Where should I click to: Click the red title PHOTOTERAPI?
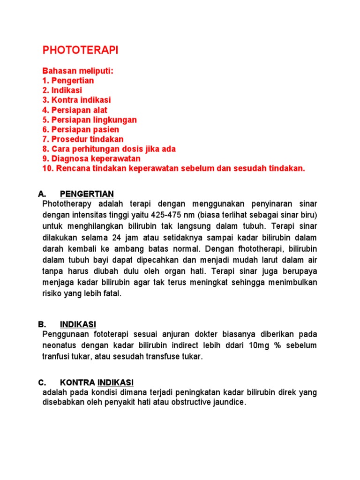tap(80, 51)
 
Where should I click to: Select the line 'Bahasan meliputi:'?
tap(78, 71)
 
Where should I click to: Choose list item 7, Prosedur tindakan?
tap(83, 139)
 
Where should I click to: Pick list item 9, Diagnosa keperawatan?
tap(91, 159)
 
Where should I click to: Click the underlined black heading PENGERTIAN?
tap(87, 194)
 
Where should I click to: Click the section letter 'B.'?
tap(42, 324)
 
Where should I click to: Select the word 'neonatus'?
tap(61, 345)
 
